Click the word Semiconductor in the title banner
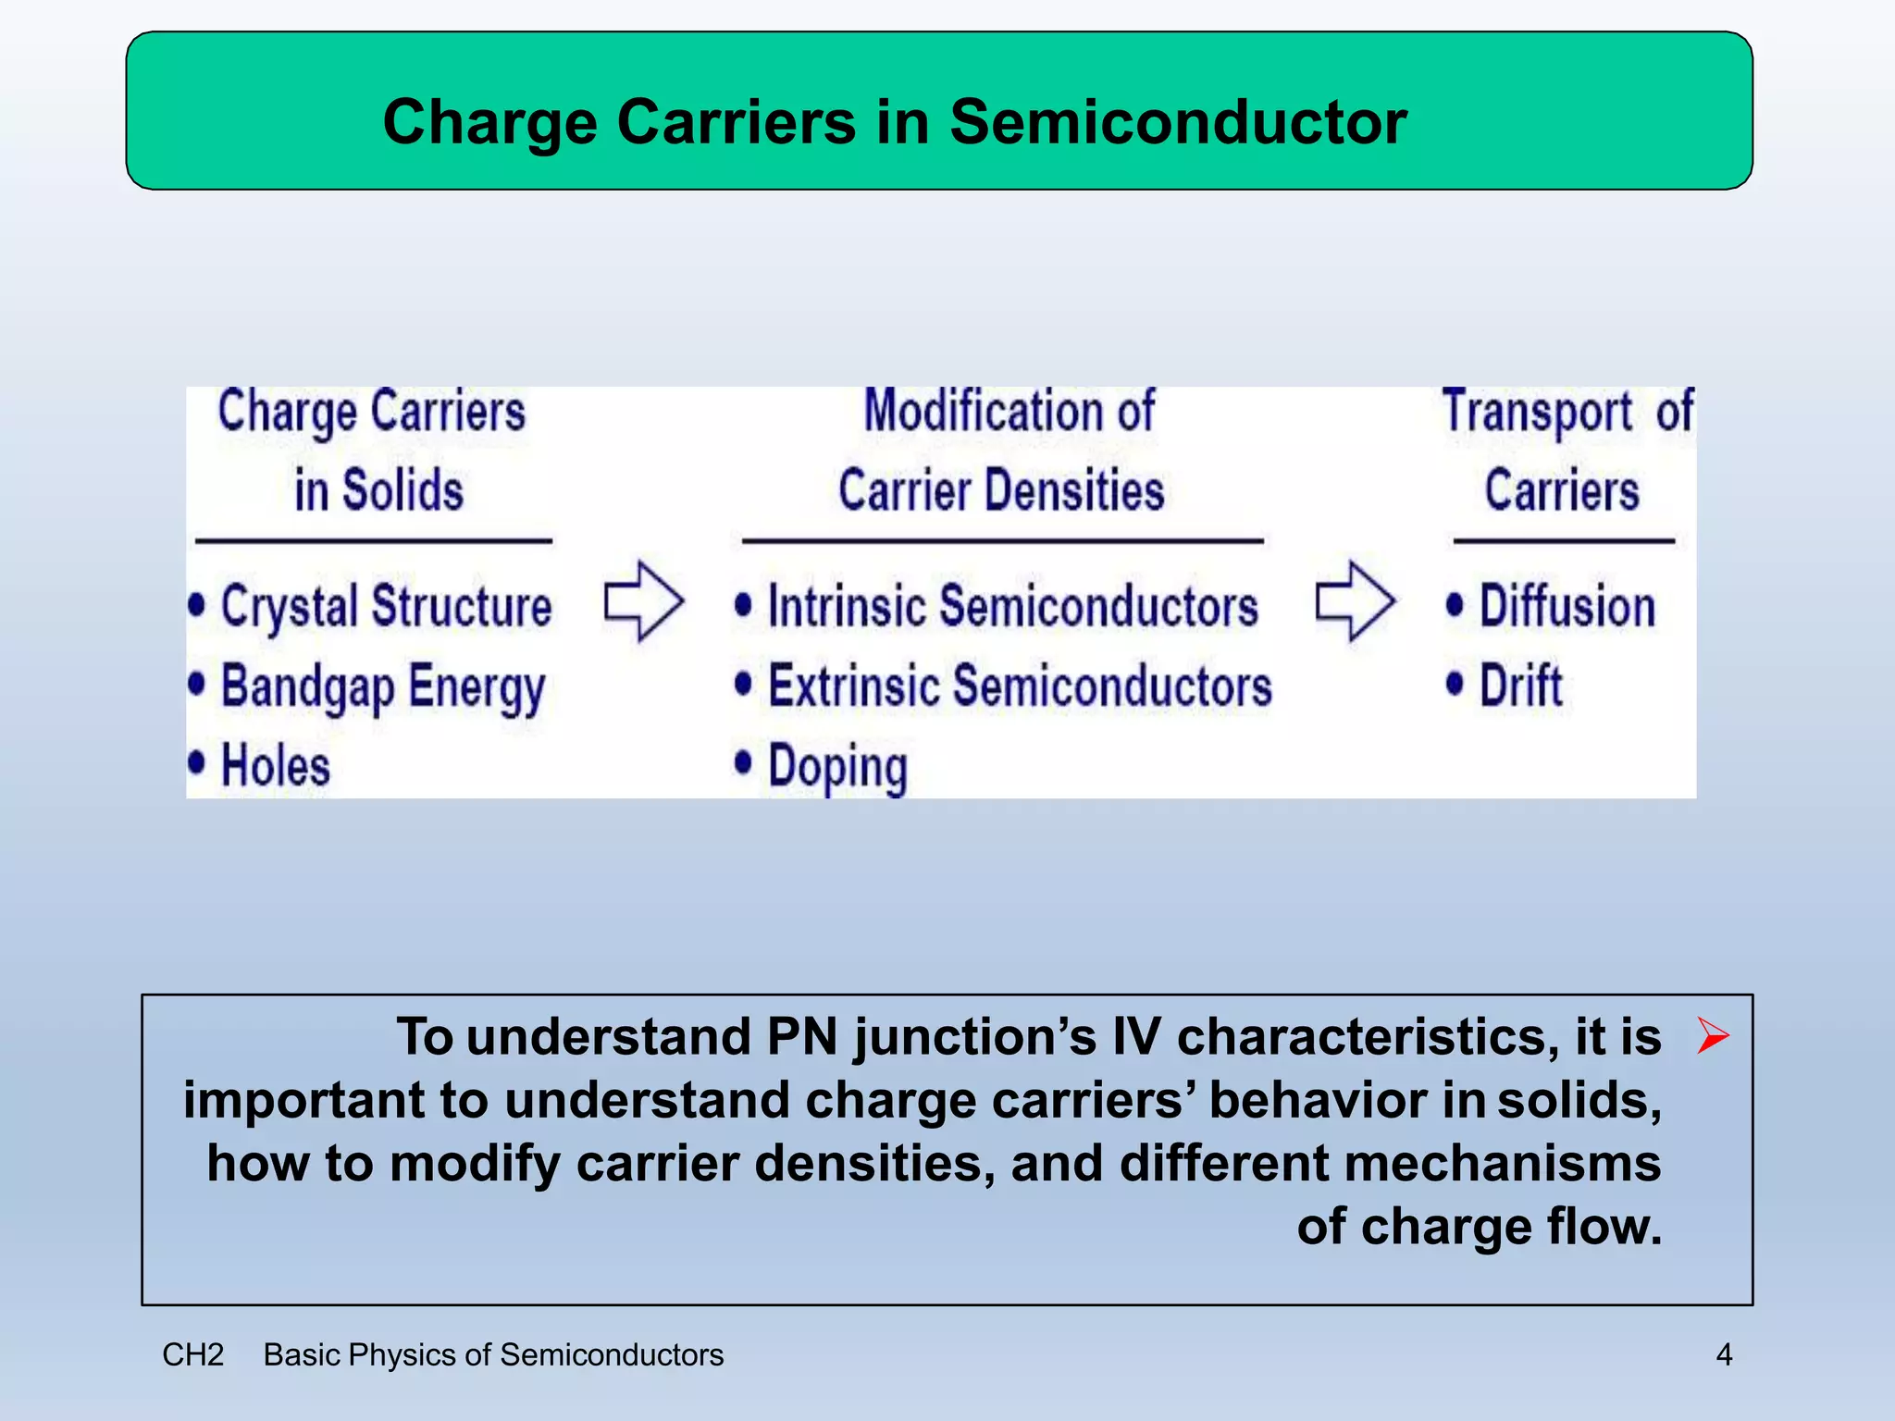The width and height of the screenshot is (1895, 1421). [1177, 122]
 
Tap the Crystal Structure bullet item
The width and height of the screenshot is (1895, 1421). [385, 607]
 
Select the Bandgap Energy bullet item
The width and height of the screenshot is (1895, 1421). [382, 687]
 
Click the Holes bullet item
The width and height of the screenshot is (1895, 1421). [275, 766]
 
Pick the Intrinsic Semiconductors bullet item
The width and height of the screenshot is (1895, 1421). [1012, 607]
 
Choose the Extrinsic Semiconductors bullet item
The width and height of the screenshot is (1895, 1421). [1020, 687]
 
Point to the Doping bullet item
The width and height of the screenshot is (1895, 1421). [837, 767]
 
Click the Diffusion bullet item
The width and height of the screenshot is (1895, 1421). [1567, 607]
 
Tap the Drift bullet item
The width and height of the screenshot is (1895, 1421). [1520, 686]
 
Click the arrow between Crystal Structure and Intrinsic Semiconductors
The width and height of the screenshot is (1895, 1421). [644, 601]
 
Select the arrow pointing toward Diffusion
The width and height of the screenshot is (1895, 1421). [1355, 601]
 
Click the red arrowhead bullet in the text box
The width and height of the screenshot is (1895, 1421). [1713, 1035]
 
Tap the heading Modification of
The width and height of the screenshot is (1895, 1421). [1009, 411]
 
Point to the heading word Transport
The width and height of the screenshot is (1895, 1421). [1538, 412]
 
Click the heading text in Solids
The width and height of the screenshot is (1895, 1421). [378, 489]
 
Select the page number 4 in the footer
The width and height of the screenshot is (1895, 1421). [1724, 1354]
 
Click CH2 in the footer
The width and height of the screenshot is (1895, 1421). [192, 1354]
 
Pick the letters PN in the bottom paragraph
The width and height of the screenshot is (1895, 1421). [801, 1036]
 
